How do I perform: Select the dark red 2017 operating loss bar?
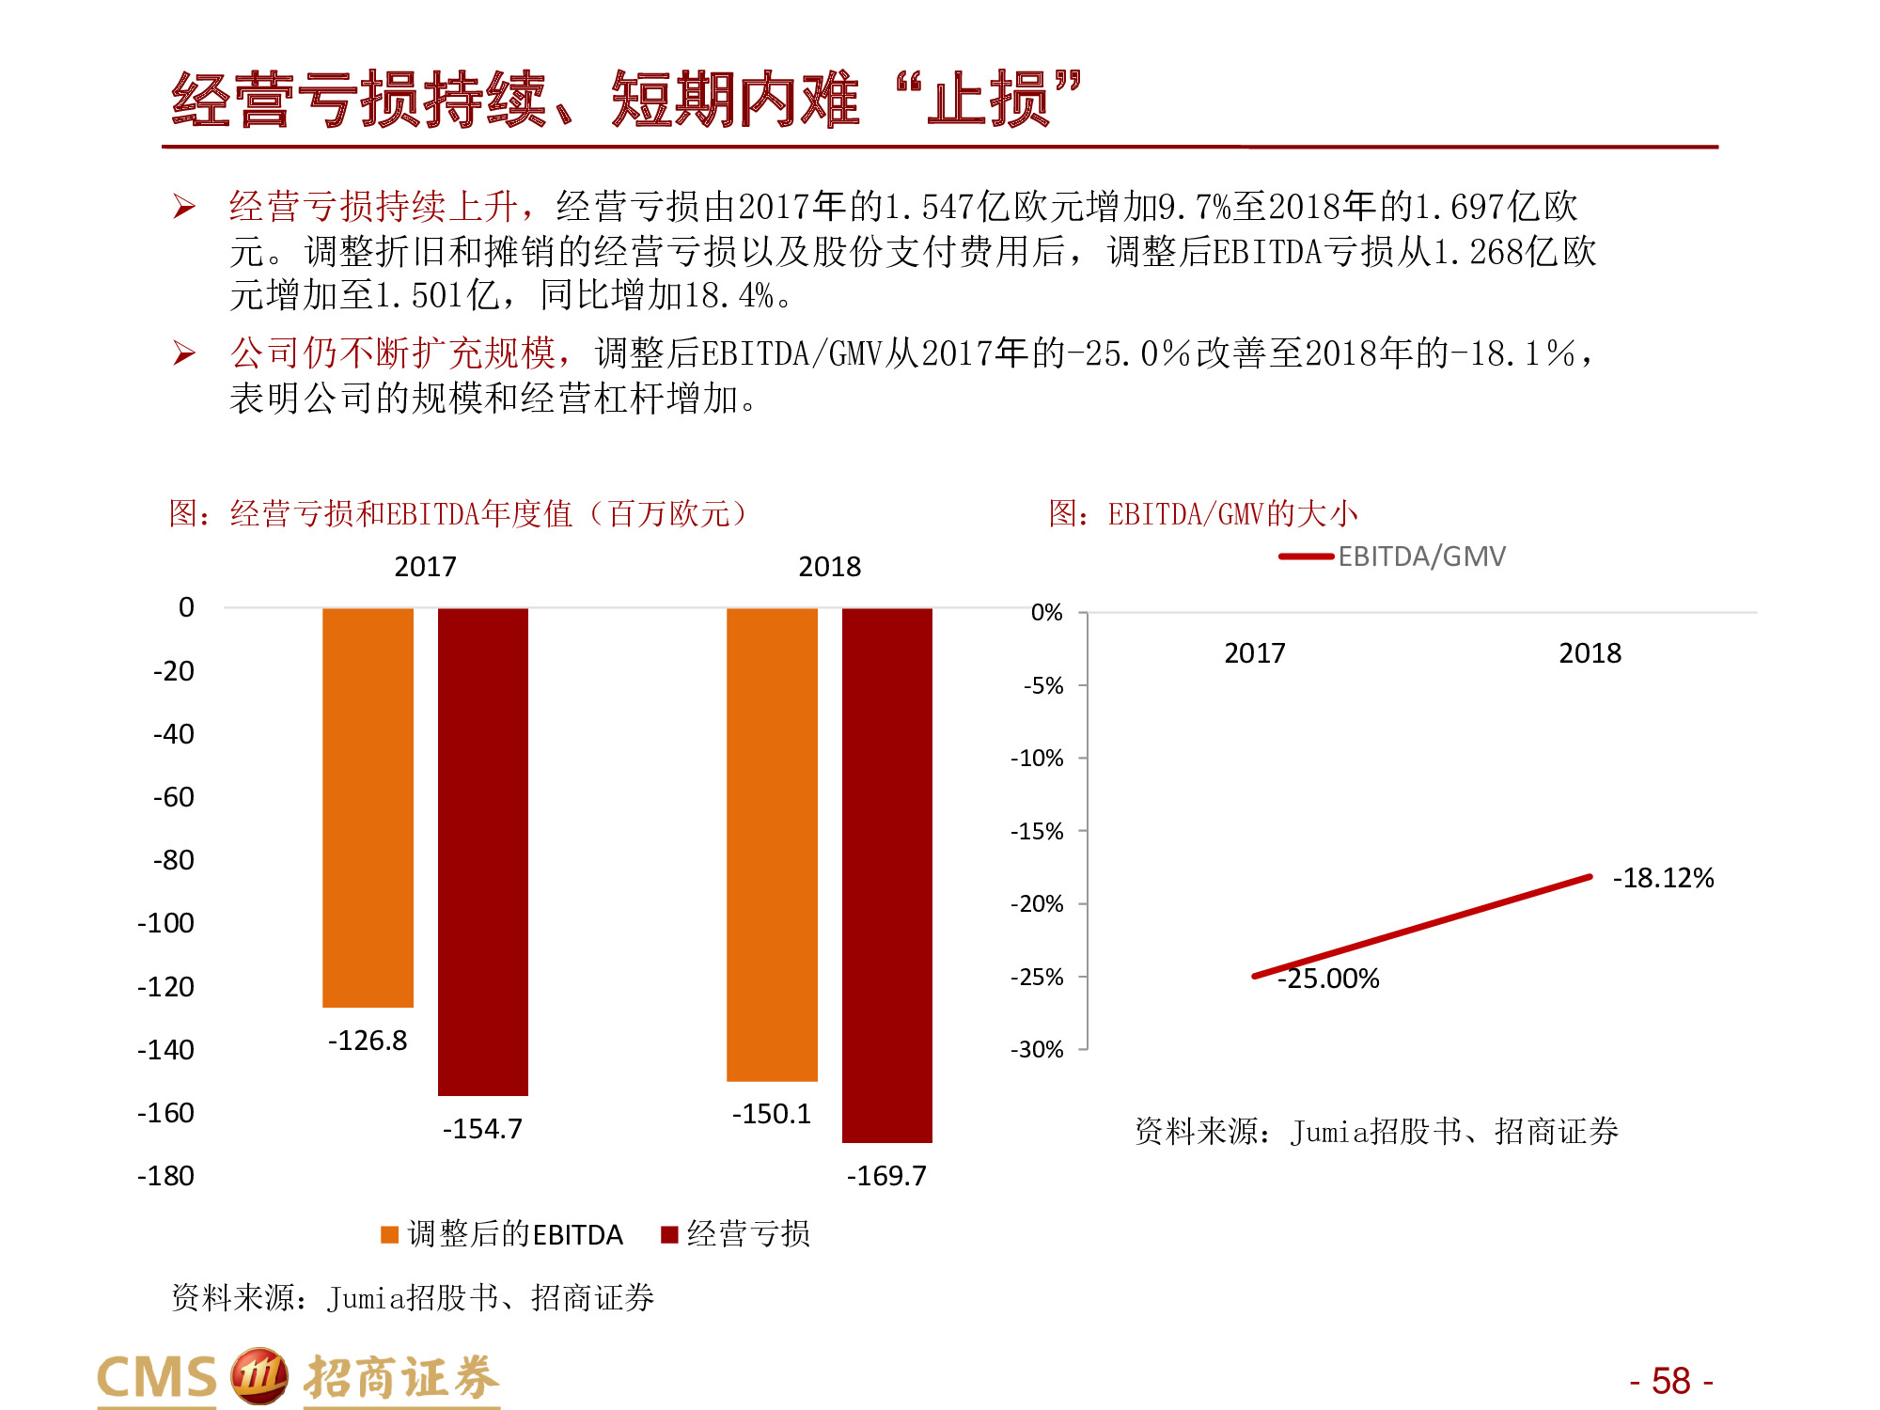point(483,851)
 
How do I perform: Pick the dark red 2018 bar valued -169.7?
point(886,874)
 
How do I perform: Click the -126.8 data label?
point(368,1041)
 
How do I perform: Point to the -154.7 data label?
point(482,1128)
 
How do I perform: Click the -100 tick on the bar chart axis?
point(166,923)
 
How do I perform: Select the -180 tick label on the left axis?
point(166,1176)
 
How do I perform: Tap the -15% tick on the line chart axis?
point(1037,831)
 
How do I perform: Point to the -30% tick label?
point(1037,1049)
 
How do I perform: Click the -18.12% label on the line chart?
point(1663,878)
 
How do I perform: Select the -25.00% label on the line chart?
point(1328,979)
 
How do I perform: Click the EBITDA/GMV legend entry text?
point(1421,556)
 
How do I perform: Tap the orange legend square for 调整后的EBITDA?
point(389,1234)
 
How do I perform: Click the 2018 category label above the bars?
point(829,567)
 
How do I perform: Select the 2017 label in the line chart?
point(1254,653)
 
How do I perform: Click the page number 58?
point(1670,1381)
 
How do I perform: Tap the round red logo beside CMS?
point(258,1376)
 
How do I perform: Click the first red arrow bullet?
point(184,207)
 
